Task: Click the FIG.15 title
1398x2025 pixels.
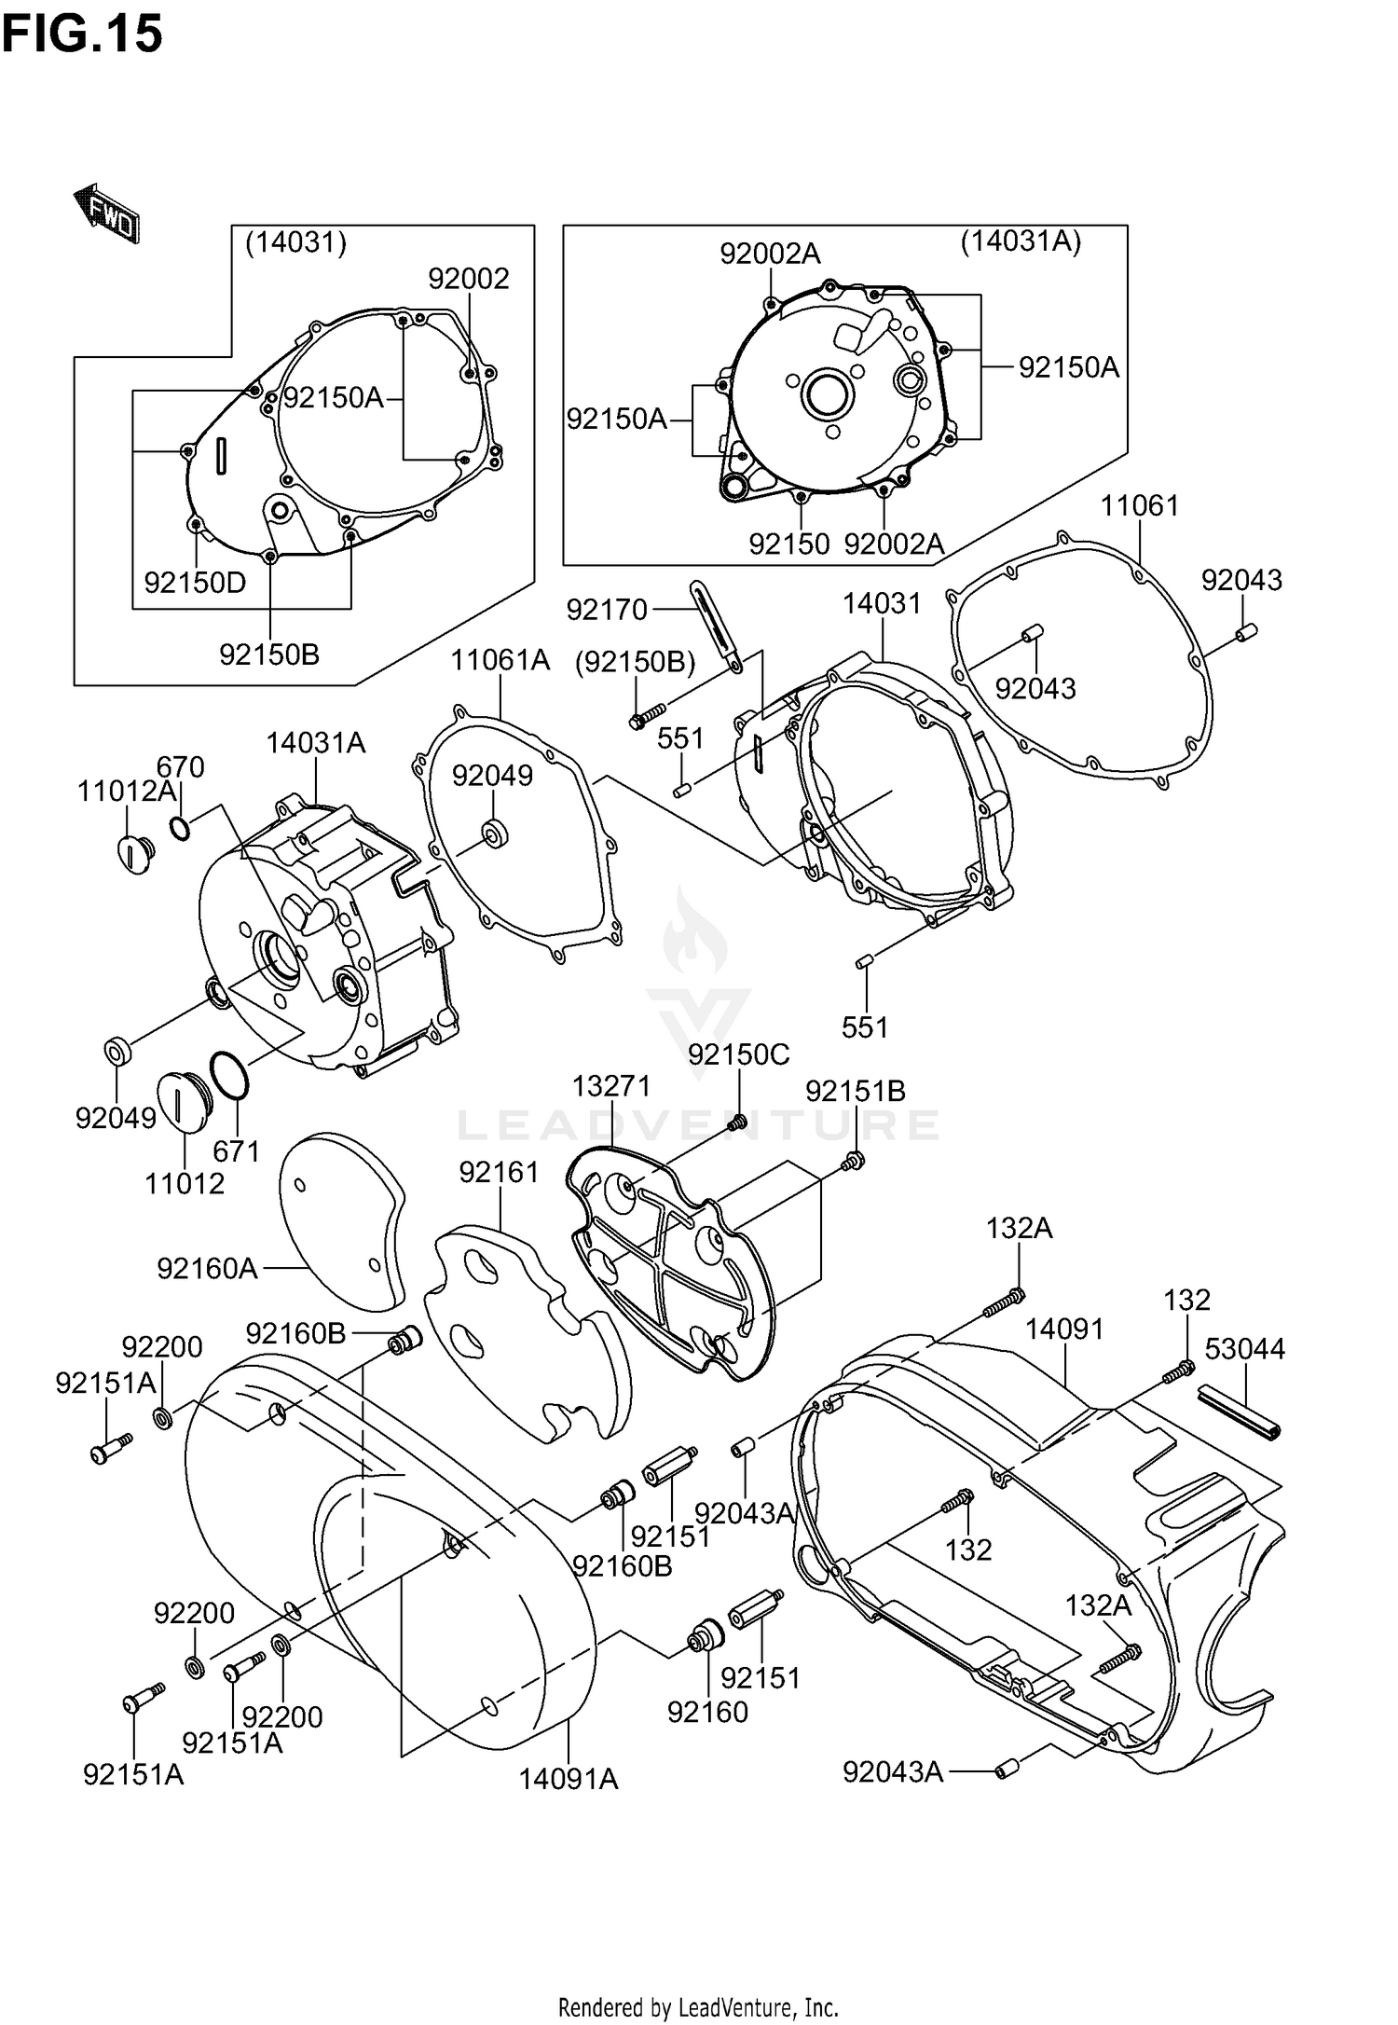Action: (82, 34)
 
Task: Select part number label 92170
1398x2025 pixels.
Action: (607, 610)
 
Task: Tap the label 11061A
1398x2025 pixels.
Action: (500, 660)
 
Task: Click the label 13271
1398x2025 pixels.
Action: (611, 1085)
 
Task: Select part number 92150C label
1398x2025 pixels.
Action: (739, 1054)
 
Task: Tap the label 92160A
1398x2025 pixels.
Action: (207, 1268)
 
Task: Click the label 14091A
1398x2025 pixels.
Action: (569, 1779)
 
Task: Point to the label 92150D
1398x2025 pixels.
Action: (195, 583)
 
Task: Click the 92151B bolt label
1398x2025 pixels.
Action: (856, 1091)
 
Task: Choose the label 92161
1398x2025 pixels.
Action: (499, 1172)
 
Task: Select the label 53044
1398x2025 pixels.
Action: (1245, 1348)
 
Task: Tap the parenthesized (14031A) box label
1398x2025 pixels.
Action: (1021, 242)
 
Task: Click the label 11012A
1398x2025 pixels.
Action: (127, 792)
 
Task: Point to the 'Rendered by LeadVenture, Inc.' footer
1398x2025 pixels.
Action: (698, 2006)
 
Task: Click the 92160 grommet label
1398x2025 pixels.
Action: (707, 1712)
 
